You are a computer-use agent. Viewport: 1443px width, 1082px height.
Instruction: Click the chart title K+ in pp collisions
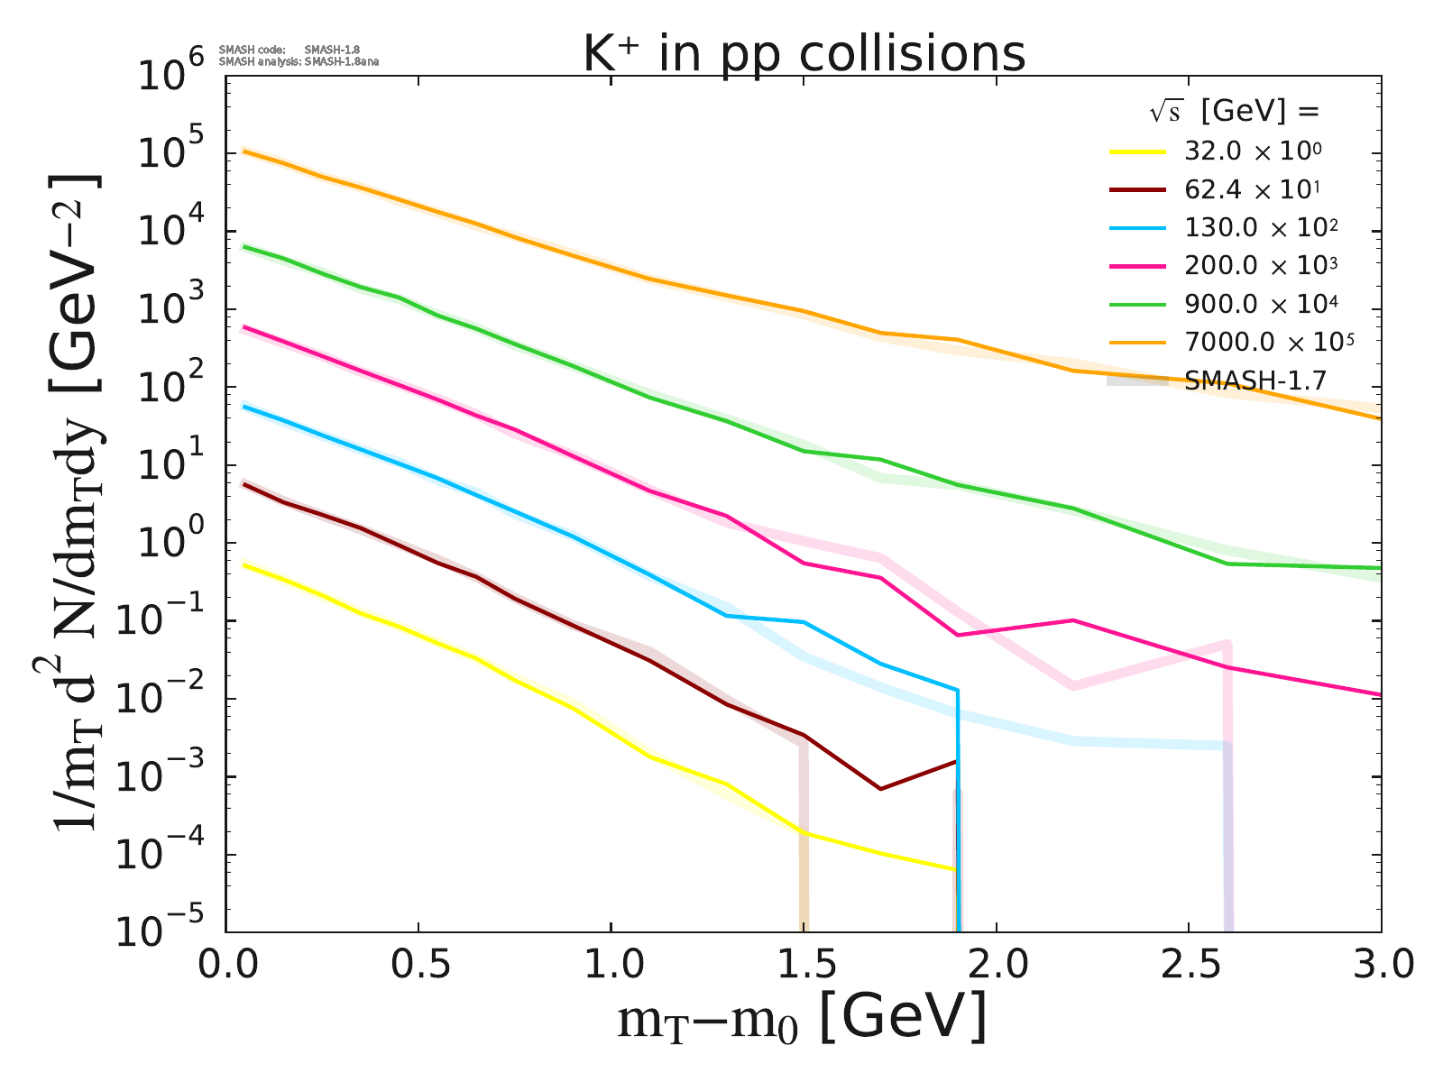(804, 54)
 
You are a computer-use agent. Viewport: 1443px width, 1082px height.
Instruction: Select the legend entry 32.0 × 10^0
(1254, 151)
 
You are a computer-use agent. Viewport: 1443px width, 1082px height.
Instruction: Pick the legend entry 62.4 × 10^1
(1254, 189)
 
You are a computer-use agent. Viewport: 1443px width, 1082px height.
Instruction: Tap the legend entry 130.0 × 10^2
(1261, 227)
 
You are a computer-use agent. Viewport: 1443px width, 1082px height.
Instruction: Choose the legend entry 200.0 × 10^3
(1261, 265)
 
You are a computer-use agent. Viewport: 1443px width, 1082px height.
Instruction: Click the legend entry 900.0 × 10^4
(1261, 304)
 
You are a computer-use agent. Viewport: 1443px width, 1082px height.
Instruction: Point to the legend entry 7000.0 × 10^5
(1270, 342)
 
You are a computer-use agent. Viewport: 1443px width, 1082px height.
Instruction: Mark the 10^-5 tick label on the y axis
(168, 932)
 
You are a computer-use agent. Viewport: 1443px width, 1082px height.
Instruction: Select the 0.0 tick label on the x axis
(226, 967)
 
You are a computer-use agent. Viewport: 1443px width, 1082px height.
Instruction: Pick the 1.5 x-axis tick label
(804, 967)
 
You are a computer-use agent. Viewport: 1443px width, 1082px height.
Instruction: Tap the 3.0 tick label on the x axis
(1381, 967)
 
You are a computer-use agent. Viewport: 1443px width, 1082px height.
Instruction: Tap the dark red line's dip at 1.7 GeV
(880, 789)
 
